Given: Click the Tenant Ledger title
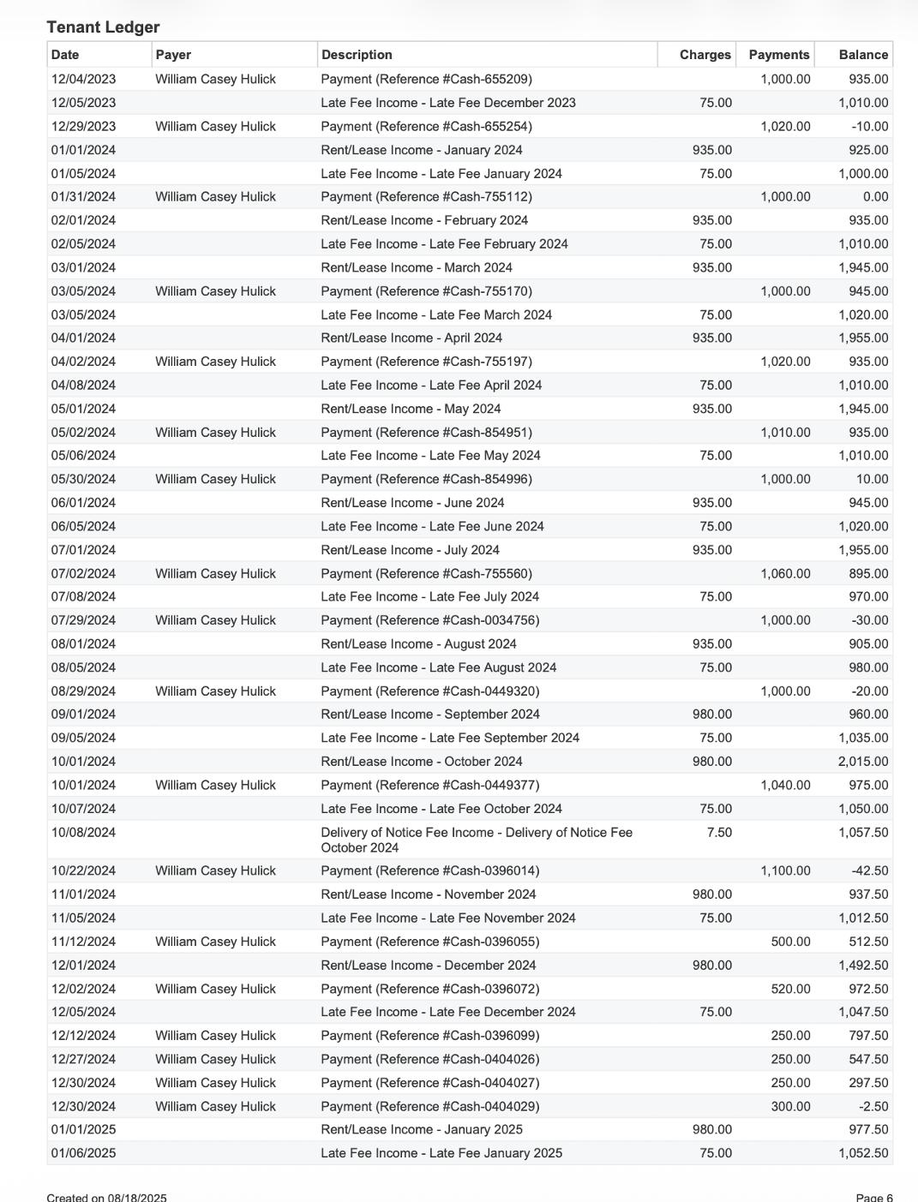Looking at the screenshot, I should point(103,27).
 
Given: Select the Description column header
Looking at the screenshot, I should point(357,55).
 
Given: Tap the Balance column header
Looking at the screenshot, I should point(863,55).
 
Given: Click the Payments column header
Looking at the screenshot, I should point(778,55).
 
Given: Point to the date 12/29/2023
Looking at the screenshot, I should point(83,126).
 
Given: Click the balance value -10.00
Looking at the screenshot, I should point(870,126).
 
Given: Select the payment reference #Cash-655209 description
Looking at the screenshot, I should point(426,79).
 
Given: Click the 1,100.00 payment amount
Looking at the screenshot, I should point(785,870).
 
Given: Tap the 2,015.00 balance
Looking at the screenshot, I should point(863,761).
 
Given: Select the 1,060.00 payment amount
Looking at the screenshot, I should point(785,573).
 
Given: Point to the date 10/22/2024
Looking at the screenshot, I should point(83,870).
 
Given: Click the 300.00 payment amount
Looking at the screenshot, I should point(790,1106).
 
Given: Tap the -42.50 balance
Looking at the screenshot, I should point(870,870).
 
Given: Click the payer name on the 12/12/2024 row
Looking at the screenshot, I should point(215,1035).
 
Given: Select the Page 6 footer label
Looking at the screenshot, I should point(873,1197).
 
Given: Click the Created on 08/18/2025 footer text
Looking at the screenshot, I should point(106,1197).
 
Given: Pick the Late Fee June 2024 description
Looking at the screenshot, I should point(432,526).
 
